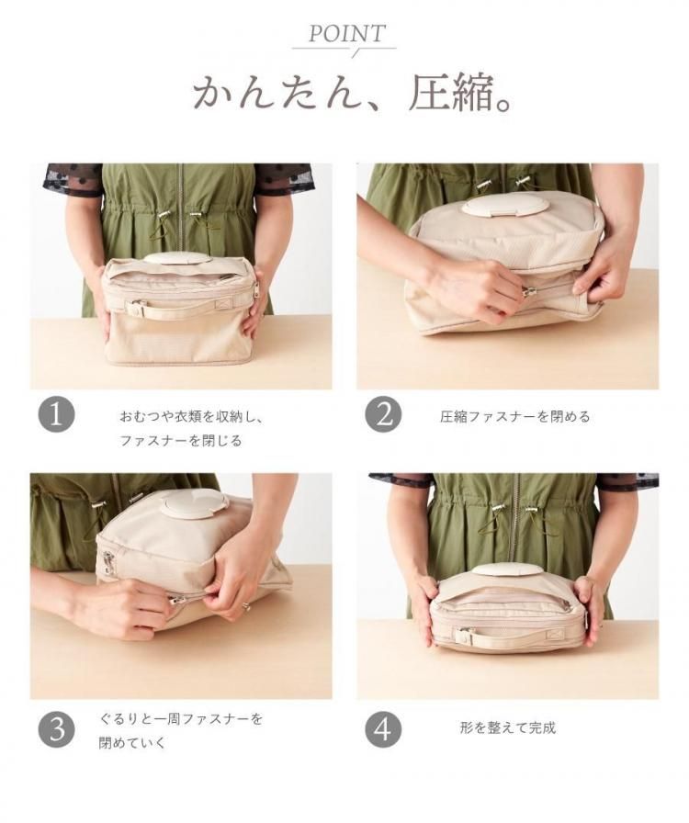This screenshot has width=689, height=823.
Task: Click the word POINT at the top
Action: point(346,34)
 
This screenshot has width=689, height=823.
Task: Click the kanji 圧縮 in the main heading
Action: point(451,93)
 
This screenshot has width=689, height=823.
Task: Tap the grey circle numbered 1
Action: point(56,414)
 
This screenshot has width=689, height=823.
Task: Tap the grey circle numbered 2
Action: point(383,414)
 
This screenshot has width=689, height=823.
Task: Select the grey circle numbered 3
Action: point(56,729)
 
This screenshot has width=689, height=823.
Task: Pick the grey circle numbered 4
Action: point(383,729)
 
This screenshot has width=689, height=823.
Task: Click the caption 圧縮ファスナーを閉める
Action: point(515,417)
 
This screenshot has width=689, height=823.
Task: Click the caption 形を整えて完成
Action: point(507,728)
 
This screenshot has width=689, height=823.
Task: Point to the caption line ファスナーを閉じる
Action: point(181,440)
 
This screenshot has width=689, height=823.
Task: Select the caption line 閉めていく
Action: point(132,743)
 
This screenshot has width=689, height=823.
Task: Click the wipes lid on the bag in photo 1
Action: point(177,258)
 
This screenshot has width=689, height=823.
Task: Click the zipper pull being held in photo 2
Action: point(529,290)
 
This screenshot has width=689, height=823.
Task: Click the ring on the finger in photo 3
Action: point(245,607)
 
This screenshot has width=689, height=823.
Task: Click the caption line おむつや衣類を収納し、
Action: point(191,417)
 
